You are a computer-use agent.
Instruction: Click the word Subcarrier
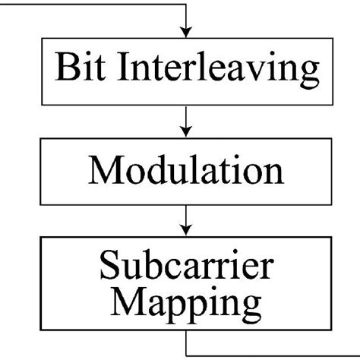point(186,268)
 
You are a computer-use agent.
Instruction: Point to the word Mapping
point(186,305)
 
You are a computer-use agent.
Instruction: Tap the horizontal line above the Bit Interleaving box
point(91,4)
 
